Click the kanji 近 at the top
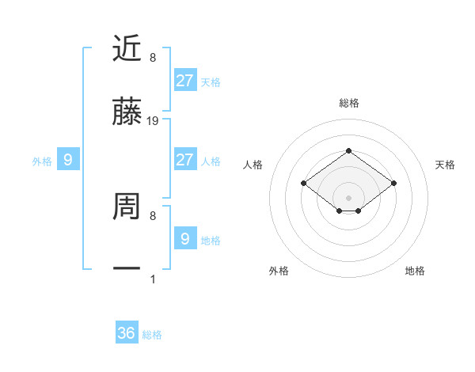pyautogui.click(x=127, y=48)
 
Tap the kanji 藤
pyautogui.click(x=127, y=113)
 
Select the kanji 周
pyautogui.click(x=127, y=207)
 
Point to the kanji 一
pyautogui.click(x=127, y=269)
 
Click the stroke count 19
pyautogui.click(x=153, y=121)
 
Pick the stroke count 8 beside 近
pyautogui.click(x=153, y=58)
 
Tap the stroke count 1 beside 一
pyautogui.click(x=153, y=279)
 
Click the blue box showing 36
pyautogui.click(x=127, y=333)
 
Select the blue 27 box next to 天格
pyautogui.click(x=184, y=81)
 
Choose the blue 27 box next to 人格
pyautogui.click(x=184, y=160)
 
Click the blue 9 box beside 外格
pyautogui.click(x=68, y=160)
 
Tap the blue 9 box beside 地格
pyautogui.click(x=184, y=239)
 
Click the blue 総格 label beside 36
pyautogui.click(x=152, y=335)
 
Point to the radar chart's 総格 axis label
pyautogui.click(x=348, y=103)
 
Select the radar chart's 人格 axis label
pyautogui.click(x=253, y=165)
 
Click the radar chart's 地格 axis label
pyautogui.click(x=415, y=271)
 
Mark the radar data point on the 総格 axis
pyautogui.click(x=348, y=150)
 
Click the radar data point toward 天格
pyautogui.click(x=393, y=183)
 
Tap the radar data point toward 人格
pyautogui.click(x=303, y=183)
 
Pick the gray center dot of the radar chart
pyautogui.click(x=348, y=198)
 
